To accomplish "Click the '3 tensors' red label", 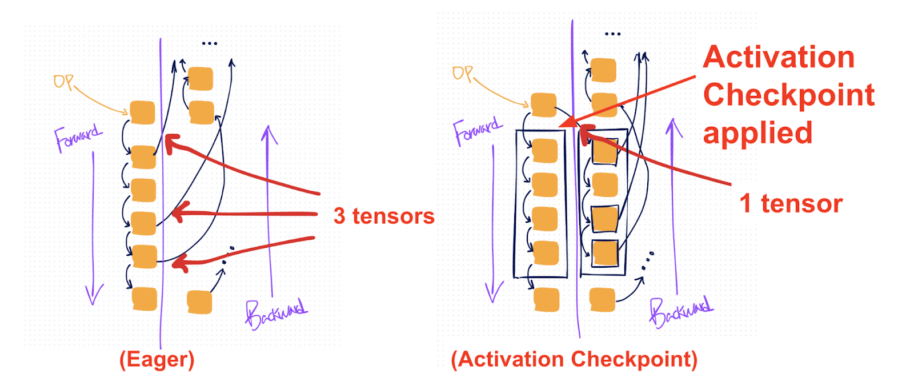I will (x=384, y=216).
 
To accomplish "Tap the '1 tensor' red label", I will (x=791, y=203).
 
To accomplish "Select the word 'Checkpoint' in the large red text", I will (x=788, y=95).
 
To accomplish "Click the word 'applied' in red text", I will (x=757, y=133).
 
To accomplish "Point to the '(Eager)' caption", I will (x=157, y=360).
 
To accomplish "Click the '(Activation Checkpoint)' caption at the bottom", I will (x=574, y=360).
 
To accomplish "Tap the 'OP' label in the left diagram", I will (x=63, y=82).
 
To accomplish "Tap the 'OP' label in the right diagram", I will (x=462, y=74).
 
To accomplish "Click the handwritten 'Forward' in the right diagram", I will (x=477, y=131).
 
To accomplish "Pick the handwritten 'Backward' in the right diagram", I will (x=680, y=311).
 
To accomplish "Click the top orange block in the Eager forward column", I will (x=142, y=112).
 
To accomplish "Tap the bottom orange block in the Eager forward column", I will (x=144, y=299).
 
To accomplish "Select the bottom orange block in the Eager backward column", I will (x=199, y=301).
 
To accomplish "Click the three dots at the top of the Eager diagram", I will (x=209, y=43).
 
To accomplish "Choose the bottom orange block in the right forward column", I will (x=547, y=300).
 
